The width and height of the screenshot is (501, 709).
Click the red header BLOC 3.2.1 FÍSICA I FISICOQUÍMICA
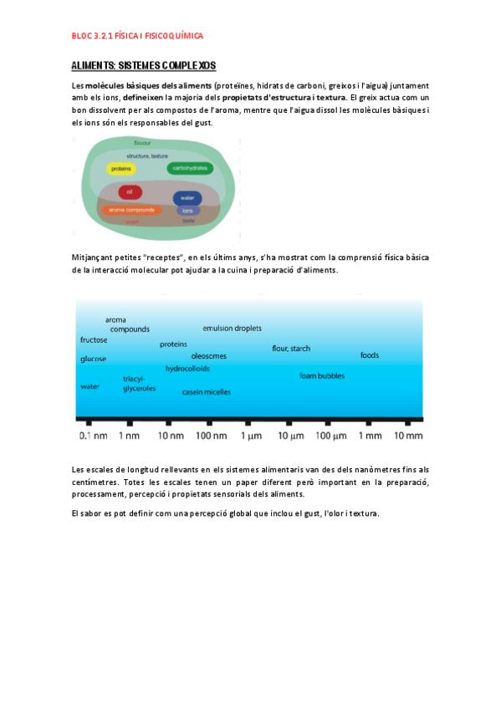point(137,37)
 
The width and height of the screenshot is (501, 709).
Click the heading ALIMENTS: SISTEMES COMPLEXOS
point(144,65)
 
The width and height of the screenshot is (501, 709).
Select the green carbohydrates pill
point(189,169)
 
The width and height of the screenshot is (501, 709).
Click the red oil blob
point(130,191)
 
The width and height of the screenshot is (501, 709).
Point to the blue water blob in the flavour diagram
point(187,198)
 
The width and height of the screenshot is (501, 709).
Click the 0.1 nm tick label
point(93,436)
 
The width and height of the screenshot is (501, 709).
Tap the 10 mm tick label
point(409,436)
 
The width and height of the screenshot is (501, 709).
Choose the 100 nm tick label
point(211,436)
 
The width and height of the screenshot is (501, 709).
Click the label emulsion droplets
point(232,328)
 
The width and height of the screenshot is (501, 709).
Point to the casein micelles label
point(207,392)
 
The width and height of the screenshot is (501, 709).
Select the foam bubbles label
point(322,375)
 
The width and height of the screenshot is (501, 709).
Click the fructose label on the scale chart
point(94,340)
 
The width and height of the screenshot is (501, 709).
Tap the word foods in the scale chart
point(370,355)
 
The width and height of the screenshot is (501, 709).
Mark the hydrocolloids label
point(187,368)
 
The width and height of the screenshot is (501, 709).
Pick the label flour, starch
point(291,348)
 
